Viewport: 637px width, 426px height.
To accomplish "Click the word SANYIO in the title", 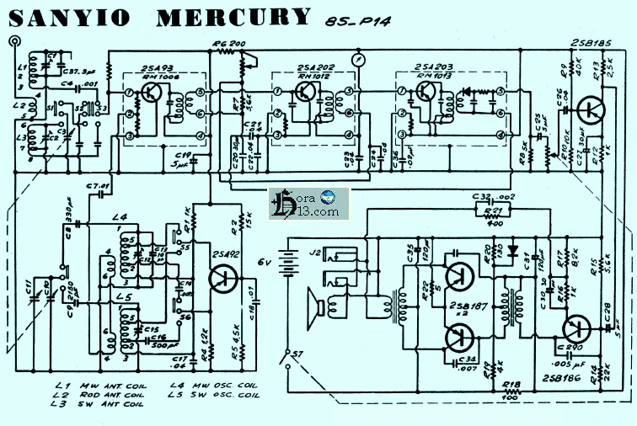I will pyautogui.click(x=76, y=16).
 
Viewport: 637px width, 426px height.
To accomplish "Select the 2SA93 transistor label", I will pyautogui.click(x=161, y=67).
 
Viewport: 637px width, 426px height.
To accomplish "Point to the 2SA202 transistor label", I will pyautogui.click(x=316, y=67).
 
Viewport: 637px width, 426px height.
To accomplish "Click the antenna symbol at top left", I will pyautogui.click(x=13, y=41).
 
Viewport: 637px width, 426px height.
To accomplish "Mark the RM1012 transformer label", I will pyautogui.click(x=316, y=75).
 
